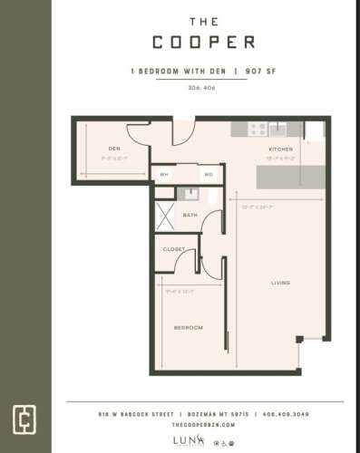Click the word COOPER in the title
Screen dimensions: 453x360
(203, 43)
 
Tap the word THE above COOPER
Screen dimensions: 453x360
(203, 19)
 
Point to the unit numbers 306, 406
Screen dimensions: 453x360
(202, 87)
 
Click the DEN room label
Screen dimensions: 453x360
(114, 148)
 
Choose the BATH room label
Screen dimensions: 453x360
(190, 215)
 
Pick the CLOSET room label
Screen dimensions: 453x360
(174, 248)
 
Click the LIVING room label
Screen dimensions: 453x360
(280, 284)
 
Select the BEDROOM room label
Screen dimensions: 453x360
(189, 327)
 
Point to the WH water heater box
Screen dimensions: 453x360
(165, 173)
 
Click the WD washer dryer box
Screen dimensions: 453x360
(208, 173)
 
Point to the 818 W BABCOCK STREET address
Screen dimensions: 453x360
(135, 414)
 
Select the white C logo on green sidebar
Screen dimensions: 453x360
(24, 419)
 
